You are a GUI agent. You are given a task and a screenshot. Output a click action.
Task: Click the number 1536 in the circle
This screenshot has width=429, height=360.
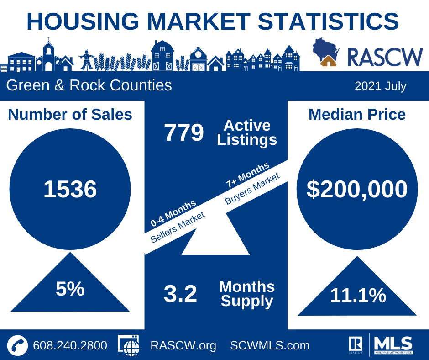pos(70,189)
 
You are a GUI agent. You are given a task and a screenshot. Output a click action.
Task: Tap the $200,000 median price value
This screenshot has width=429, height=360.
pos(357,189)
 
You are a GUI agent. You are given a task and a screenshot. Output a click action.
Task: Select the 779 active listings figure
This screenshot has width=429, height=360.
pos(183,133)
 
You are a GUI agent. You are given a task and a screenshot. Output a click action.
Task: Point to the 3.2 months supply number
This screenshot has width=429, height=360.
pos(180,294)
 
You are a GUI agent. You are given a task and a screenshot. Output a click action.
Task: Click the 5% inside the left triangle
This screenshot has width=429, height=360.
pos(70,289)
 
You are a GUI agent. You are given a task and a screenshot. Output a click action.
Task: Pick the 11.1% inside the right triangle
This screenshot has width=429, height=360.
pos(358,296)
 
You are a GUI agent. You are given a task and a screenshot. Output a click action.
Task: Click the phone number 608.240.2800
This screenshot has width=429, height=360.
pos(70,345)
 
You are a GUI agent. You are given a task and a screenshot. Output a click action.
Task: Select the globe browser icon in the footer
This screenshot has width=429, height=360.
pos(129,345)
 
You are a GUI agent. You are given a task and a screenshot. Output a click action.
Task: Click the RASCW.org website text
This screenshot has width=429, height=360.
pos(183,345)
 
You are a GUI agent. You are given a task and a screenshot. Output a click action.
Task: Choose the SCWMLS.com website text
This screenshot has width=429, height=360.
pos(270,345)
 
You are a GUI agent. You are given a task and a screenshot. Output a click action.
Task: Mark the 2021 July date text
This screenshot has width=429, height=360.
pos(380,86)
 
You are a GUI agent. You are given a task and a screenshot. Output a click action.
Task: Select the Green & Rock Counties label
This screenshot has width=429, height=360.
pos(89,85)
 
